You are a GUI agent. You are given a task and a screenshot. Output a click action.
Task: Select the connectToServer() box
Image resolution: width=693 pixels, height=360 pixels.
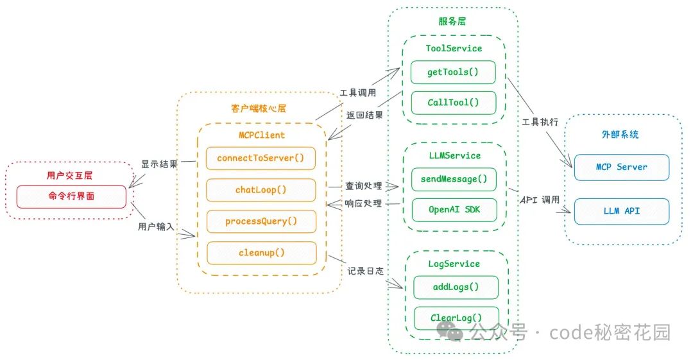pos(261,158)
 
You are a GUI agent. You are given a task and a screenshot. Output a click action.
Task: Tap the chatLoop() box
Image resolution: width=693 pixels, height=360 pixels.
pos(261,190)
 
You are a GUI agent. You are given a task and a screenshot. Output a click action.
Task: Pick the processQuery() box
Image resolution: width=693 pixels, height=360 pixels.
pos(261,221)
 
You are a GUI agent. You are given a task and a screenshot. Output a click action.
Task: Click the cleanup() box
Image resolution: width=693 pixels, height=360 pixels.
pos(261,253)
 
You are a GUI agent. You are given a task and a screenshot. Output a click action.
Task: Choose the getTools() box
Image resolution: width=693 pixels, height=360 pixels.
pos(453,72)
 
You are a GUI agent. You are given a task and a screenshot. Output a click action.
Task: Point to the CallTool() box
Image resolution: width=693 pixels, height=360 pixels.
pos(453,103)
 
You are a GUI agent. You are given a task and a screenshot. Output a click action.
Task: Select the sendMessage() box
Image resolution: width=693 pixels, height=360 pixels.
pos(453,179)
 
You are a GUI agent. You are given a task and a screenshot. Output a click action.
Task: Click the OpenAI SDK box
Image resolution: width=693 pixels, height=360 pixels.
pos(453,210)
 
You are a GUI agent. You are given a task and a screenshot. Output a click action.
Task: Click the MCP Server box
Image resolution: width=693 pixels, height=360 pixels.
pos(621,167)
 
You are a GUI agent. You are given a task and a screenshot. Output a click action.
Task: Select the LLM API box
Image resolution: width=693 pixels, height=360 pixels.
pos(621,211)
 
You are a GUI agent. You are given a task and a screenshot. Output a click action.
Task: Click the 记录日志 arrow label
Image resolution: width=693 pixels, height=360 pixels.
pos(366,271)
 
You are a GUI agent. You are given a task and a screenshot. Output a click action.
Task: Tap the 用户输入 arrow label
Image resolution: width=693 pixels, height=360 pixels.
pos(156,227)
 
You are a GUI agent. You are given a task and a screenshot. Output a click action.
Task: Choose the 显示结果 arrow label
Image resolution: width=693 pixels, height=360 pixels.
pos(159,164)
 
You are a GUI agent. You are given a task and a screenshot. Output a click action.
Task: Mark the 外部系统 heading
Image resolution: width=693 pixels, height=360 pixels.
pos(620,135)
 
